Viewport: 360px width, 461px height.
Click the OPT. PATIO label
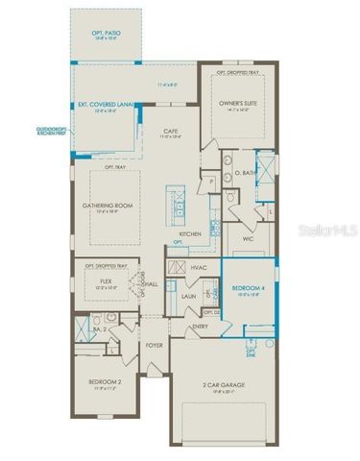105,32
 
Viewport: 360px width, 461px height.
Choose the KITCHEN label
189,233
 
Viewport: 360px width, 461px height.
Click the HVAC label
200,267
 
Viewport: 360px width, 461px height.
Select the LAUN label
189,298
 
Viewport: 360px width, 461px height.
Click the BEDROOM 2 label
105,382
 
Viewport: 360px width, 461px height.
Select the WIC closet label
247,237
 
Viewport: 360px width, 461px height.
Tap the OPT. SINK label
251,353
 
